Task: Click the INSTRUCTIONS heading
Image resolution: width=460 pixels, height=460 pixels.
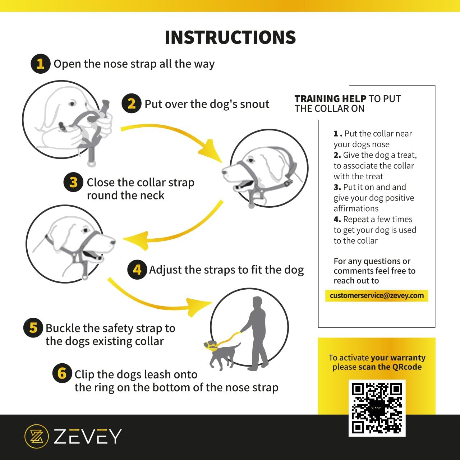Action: (x=230, y=37)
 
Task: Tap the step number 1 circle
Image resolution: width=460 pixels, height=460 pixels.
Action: (x=40, y=64)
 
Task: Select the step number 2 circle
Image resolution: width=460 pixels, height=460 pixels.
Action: (x=131, y=103)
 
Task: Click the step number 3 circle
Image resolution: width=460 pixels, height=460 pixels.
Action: (x=73, y=182)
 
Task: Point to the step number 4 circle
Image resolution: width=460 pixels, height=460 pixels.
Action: (x=137, y=270)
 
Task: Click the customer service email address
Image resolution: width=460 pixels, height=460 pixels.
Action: (x=377, y=295)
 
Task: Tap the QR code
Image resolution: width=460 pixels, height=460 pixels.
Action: (x=377, y=408)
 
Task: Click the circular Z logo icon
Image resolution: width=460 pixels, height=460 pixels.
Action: (x=37, y=436)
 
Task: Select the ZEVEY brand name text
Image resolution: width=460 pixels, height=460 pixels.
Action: (x=88, y=436)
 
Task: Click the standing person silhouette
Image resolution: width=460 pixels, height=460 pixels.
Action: (x=256, y=333)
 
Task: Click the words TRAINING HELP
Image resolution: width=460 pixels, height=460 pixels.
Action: (x=330, y=98)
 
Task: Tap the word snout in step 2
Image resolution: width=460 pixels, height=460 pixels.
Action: (x=254, y=104)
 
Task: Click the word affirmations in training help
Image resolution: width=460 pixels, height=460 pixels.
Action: (x=356, y=208)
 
